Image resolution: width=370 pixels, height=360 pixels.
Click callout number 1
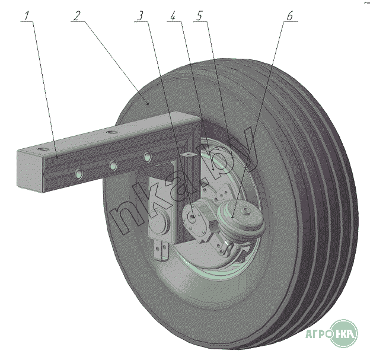pos(27,16)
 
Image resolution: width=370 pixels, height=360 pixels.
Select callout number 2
pos(76,16)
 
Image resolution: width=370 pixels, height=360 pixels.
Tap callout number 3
pos(140,16)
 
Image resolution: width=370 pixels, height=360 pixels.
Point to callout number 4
pos(173,16)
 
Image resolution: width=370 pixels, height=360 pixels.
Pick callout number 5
pos(199,16)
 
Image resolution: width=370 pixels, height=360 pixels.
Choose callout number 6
pos(290,16)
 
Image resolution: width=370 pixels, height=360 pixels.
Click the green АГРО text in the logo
pos(318,334)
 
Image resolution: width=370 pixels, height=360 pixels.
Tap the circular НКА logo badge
pos(345,333)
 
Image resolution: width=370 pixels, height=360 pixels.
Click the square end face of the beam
pos(30,171)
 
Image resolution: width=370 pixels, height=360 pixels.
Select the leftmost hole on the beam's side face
pos(79,174)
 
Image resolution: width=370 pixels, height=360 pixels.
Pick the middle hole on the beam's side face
pos(113,165)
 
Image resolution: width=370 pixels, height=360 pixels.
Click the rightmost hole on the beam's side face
pos(148,157)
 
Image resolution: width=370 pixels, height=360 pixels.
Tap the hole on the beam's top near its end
pos(43,149)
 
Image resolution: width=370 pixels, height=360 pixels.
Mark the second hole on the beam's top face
pos(111,132)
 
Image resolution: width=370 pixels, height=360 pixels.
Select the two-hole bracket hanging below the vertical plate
pos(161,251)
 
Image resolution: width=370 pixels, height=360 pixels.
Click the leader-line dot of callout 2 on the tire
pos(148,104)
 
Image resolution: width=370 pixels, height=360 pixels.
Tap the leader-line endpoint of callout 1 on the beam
pos(58,156)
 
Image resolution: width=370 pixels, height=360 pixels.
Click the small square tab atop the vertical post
pos(188,155)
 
